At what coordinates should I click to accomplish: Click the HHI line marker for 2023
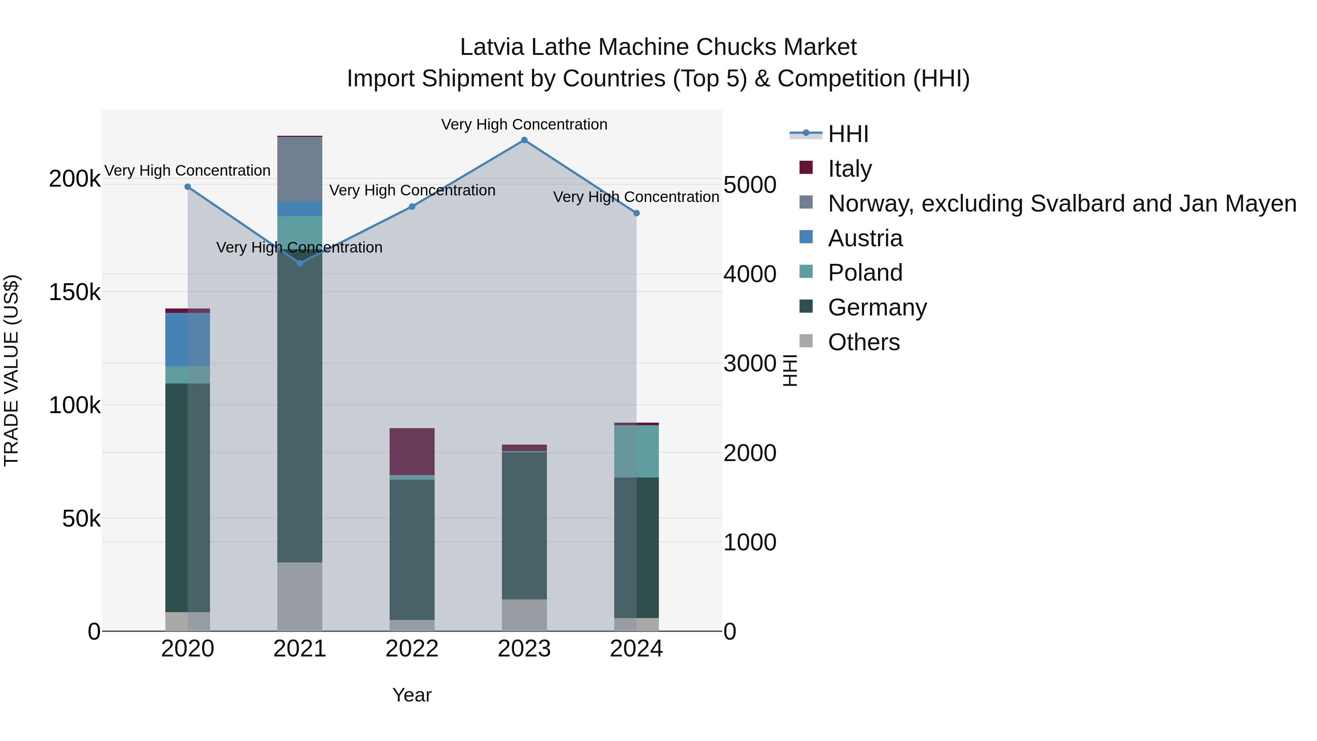(524, 140)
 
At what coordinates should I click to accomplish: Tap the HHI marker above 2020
(188, 187)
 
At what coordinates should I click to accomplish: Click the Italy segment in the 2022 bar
(412, 452)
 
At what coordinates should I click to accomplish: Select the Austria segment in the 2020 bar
(188, 340)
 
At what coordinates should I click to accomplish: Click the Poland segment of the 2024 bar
(637, 451)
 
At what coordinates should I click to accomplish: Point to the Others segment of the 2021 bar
(300, 596)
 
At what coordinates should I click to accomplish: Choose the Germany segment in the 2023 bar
(524, 525)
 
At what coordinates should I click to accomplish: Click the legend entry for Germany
(877, 307)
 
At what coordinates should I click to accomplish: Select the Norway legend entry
(1062, 203)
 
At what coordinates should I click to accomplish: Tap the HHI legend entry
(848, 134)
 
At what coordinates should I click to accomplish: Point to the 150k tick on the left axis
(75, 292)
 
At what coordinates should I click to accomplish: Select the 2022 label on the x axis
(412, 649)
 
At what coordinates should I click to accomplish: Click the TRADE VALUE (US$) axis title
(11, 371)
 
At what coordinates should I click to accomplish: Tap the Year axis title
(412, 695)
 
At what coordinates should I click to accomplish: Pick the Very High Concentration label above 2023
(524, 124)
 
